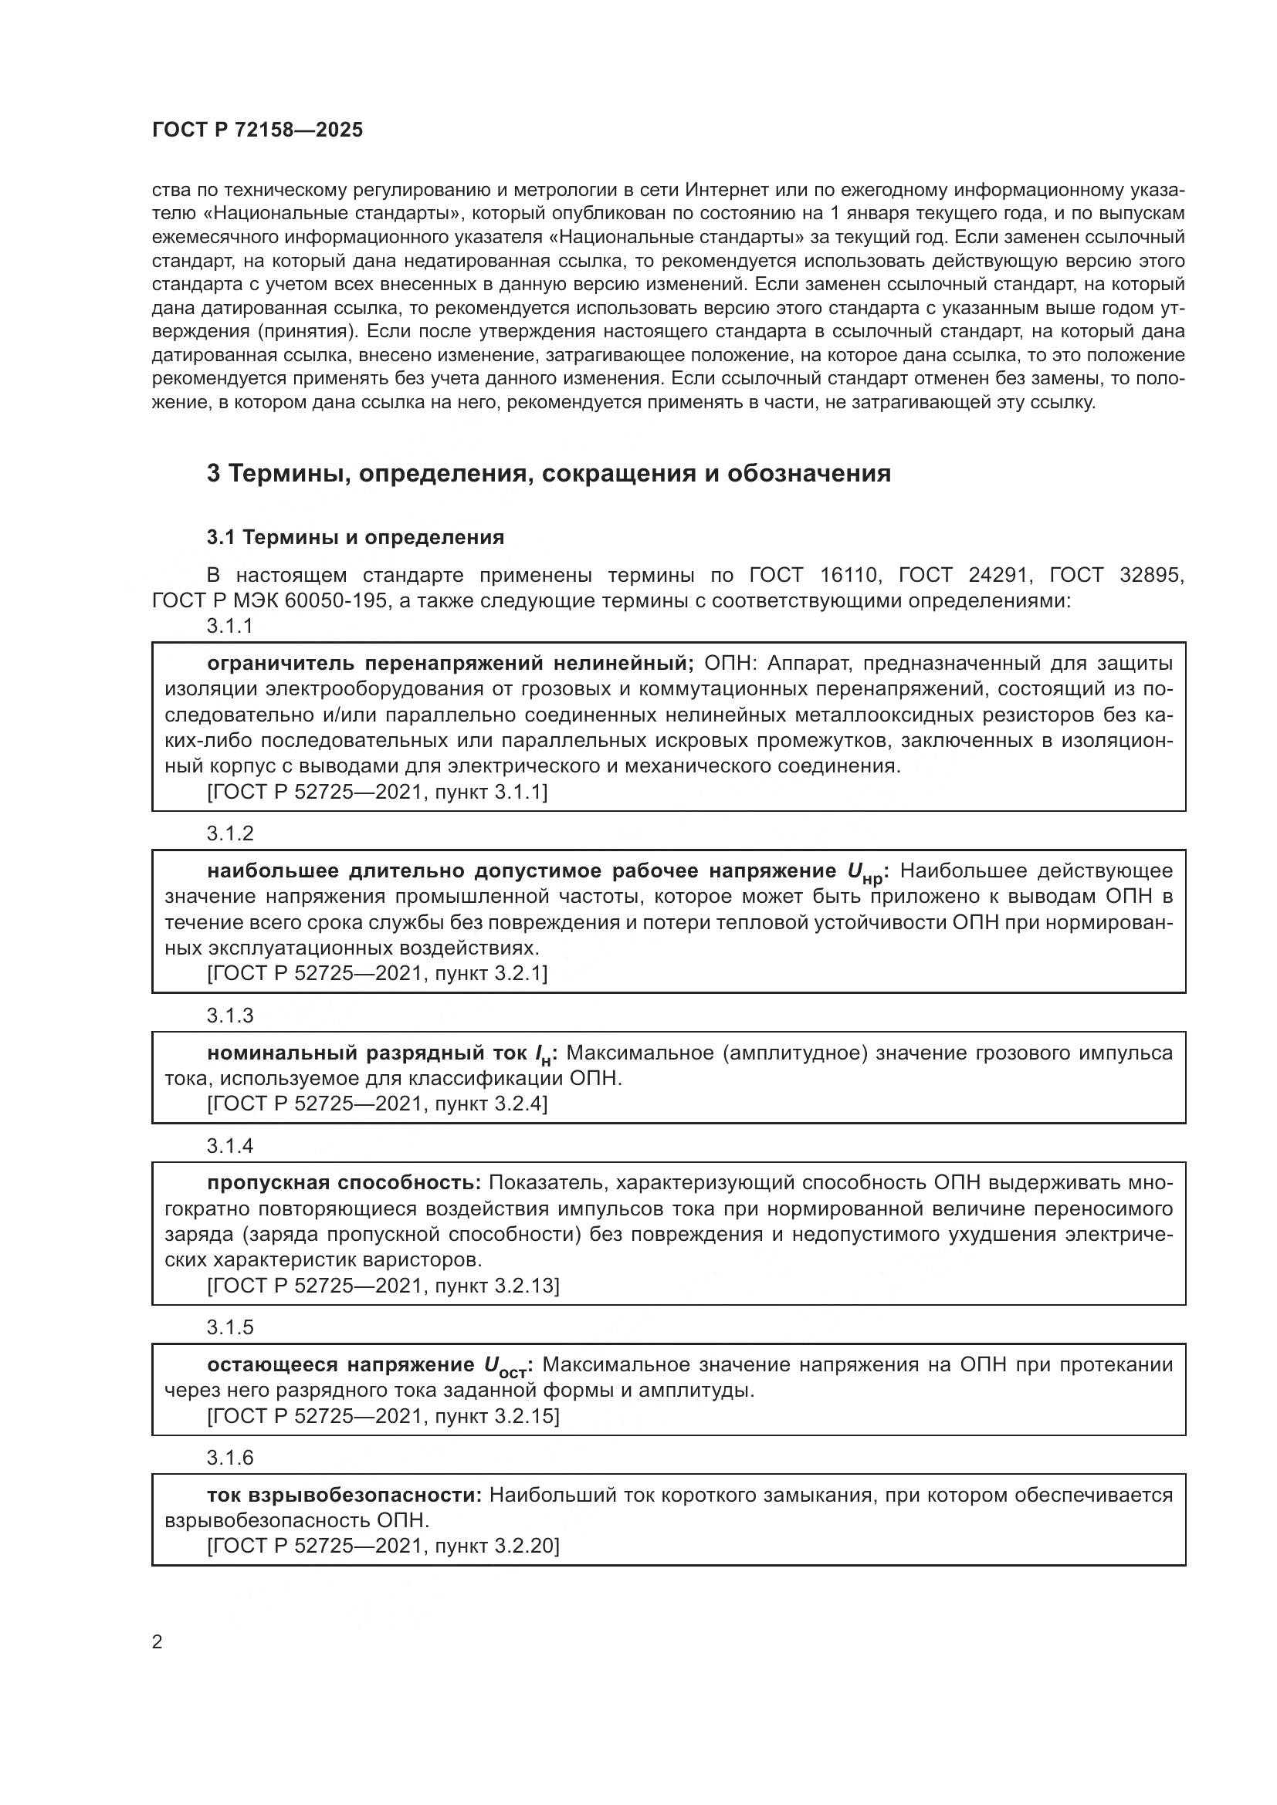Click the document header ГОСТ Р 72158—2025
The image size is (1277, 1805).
[257, 130]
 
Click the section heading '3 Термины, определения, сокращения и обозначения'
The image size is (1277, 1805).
[549, 473]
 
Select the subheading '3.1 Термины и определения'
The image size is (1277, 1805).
[355, 538]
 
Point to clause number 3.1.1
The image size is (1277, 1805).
[230, 626]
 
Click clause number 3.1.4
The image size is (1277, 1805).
[230, 1145]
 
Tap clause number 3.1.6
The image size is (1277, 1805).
[230, 1458]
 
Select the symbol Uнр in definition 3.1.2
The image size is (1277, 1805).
[864, 874]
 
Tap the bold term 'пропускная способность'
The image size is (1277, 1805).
[344, 1183]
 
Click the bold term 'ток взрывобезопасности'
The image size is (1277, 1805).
[344, 1496]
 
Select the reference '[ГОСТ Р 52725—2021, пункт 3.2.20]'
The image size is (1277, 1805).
[383, 1546]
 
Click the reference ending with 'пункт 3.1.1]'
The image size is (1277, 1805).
[378, 792]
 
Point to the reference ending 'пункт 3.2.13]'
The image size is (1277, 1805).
[383, 1286]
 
